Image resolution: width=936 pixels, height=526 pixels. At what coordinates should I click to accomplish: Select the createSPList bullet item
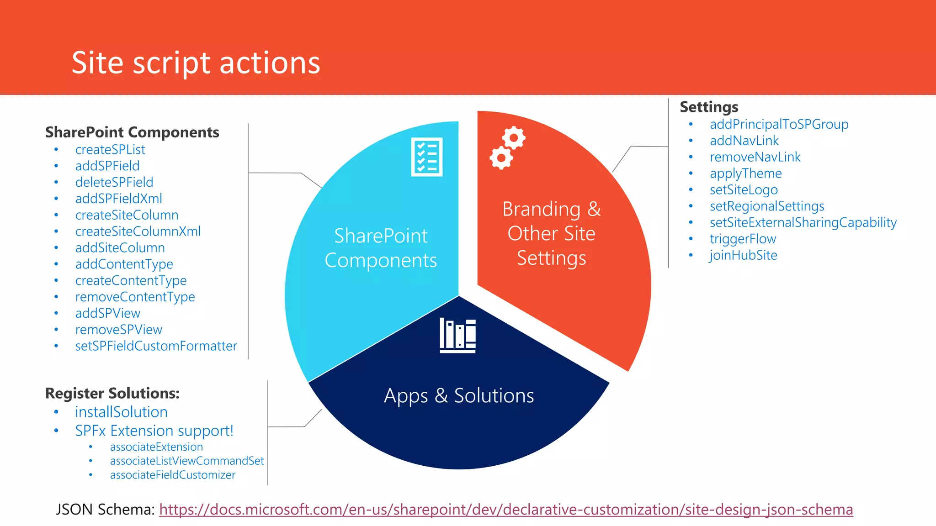[110, 149]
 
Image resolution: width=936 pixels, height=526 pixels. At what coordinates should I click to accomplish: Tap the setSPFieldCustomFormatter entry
[156, 346]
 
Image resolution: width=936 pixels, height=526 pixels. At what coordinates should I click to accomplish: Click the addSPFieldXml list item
[118, 199]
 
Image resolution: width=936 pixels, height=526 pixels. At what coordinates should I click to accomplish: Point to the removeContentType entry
[135, 297]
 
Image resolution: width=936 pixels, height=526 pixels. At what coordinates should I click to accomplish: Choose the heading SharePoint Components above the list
[132, 132]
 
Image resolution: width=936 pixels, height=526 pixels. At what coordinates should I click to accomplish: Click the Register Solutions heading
[112, 393]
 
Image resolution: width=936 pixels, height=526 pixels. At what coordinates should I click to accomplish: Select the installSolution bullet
[121, 412]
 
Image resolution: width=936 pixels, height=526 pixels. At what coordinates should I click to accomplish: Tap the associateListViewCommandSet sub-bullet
[186, 461]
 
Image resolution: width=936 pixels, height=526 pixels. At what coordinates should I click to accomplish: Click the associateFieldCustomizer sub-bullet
[172, 475]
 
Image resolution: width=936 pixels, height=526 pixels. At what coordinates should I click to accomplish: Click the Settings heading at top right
[709, 106]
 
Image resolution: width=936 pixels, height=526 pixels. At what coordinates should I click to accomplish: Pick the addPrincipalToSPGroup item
[779, 124]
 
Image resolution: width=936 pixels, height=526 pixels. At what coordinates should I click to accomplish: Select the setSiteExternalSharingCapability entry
[803, 222]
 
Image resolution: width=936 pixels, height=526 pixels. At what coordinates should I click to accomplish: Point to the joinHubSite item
[743, 255]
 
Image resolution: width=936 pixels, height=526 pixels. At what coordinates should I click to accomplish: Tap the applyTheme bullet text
[745, 174]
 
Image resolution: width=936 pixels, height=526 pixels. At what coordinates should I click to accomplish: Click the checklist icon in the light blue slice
[427, 157]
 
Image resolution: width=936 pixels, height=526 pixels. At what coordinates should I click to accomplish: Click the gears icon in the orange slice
[507, 147]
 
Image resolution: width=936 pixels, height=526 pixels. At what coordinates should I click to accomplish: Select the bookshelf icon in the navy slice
[457, 336]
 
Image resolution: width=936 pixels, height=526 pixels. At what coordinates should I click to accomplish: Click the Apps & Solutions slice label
[459, 395]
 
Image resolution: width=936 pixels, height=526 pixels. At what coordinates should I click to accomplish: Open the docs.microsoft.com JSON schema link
[505, 509]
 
